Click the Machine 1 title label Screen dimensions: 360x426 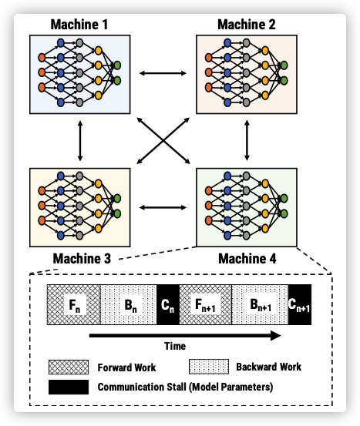[x=79, y=25]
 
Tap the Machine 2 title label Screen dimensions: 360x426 [x=247, y=25]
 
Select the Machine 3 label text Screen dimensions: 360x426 [x=82, y=258]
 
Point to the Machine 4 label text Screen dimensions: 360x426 [x=247, y=258]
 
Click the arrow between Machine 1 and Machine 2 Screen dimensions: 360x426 [x=163, y=73]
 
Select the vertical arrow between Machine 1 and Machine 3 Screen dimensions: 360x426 [x=80, y=141]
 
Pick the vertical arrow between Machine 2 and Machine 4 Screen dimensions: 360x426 [x=247, y=140]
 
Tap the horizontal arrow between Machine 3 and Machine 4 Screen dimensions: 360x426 [x=163, y=207]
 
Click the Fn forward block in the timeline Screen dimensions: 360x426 [x=74, y=304]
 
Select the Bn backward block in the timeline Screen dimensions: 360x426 [x=129, y=304]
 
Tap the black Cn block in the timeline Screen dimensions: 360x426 [x=168, y=304]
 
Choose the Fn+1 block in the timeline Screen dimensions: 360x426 [x=206, y=304]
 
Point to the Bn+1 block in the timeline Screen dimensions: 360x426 [x=260, y=304]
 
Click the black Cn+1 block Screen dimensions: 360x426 [x=300, y=304]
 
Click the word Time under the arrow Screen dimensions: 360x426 [x=175, y=346]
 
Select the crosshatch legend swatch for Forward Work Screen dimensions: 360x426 [x=69, y=367]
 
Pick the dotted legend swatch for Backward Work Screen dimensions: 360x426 [x=209, y=367]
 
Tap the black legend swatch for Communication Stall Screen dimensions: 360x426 [x=69, y=387]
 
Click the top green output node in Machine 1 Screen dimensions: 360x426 [x=117, y=65]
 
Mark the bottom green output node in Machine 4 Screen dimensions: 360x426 [x=284, y=213]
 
